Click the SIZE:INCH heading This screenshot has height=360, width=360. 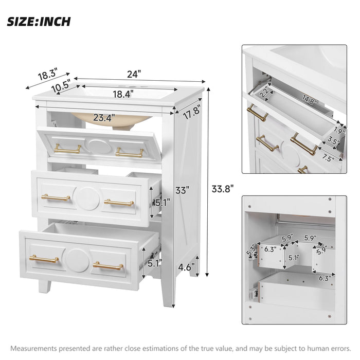(39, 22)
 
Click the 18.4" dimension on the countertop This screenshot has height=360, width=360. (123, 94)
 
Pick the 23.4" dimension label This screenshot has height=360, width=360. (104, 117)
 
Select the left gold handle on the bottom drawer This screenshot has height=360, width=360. (44, 258)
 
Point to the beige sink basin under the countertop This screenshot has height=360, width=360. (111, 117)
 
